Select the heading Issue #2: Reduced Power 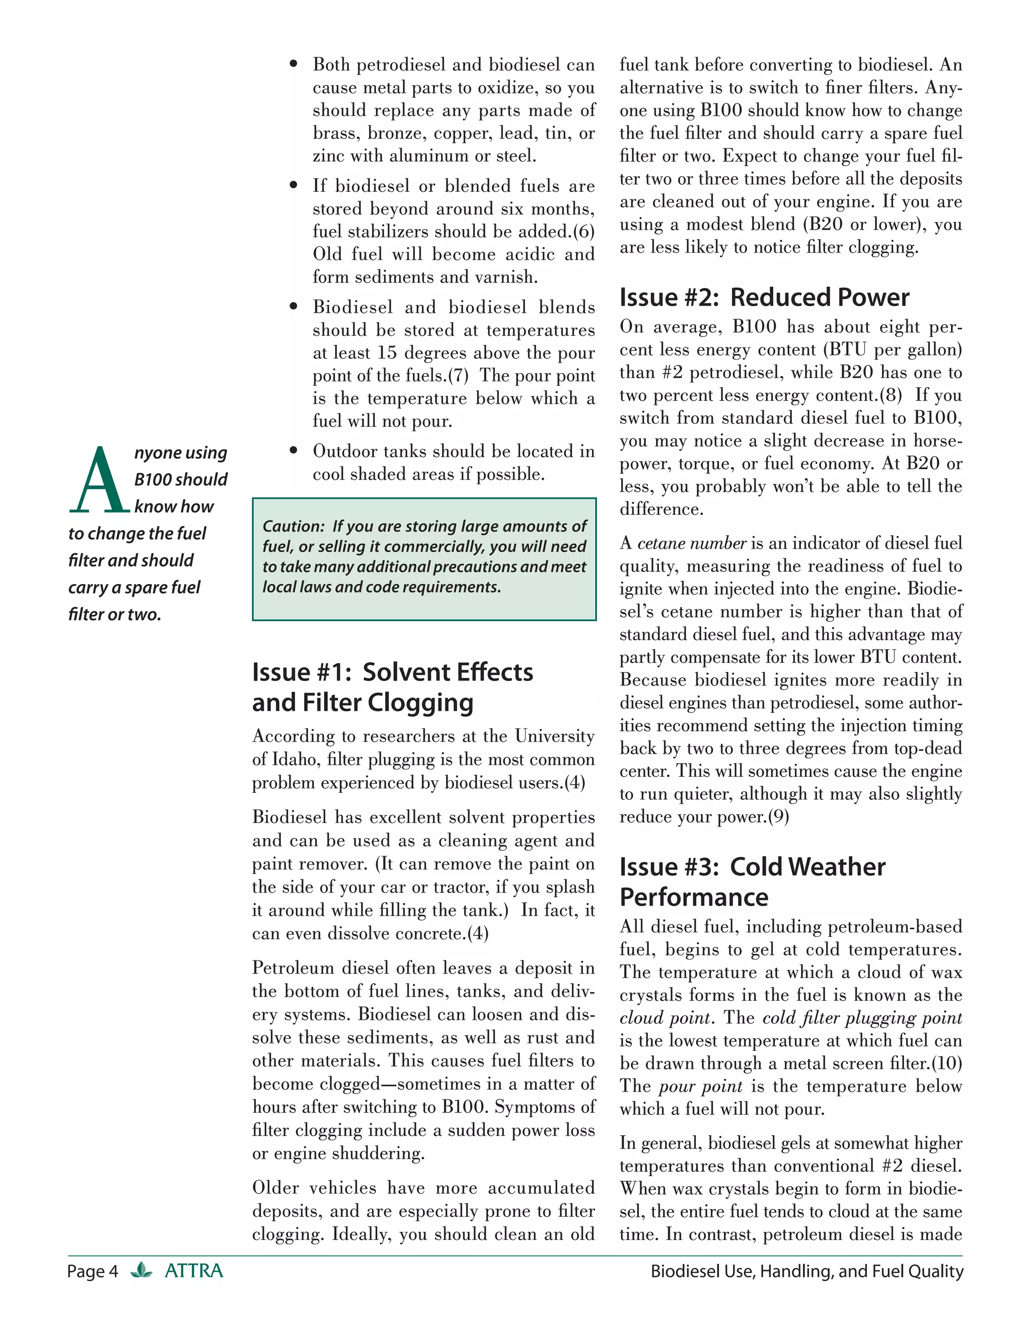point(764,298)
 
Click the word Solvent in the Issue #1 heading point(404,673)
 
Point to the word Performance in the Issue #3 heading point(694,897)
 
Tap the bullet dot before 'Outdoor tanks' point(294,450)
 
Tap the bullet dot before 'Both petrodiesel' point(294,63)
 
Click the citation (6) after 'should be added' point(583,232)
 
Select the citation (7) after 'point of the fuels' point(458,375)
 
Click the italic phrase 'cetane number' point(691,543)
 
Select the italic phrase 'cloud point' point(665,1017)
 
